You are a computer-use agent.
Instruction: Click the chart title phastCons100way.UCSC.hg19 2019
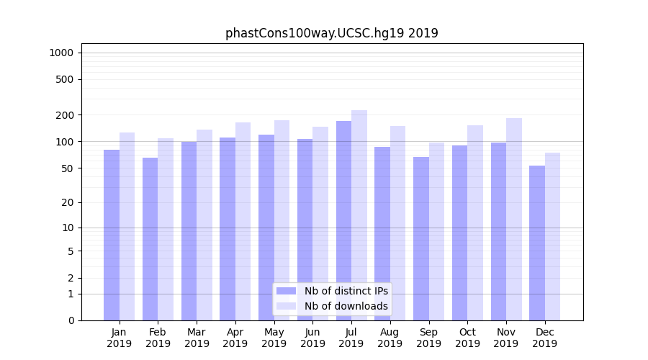pyautogui.click(x=331, y=33)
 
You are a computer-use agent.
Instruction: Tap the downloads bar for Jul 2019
pyautogui.click(x=359, y=215)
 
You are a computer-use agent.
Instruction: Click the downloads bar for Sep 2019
pyautogui.click(x=436, y=231)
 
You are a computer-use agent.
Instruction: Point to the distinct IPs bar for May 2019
pyautogui.click(x=266, y=228)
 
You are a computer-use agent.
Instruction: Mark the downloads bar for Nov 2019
pyautogui.click(x=514, y=219)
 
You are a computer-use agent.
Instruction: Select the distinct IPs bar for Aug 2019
pyautogui.click(x=382, y=233)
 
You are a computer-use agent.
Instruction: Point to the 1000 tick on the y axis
pyautogui.click(x=61, y=53)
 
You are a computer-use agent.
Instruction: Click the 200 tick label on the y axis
pyautogui.click(x=65, y=115)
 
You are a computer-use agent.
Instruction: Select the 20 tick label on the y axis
pyautogui.click(x=68, y=202)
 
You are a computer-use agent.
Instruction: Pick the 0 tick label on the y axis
pyautogui.click(x=71, y=320)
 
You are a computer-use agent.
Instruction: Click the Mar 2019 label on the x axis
pyautogui.click(x=197, y=338)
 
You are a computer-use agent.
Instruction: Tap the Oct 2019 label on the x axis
pyautogui.click(x=467, y=338)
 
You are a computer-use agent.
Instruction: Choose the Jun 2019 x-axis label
pyautogui.click(x=312, y=338)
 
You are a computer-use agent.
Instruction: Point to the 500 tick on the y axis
pyautogui.click(x=65, y=79)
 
